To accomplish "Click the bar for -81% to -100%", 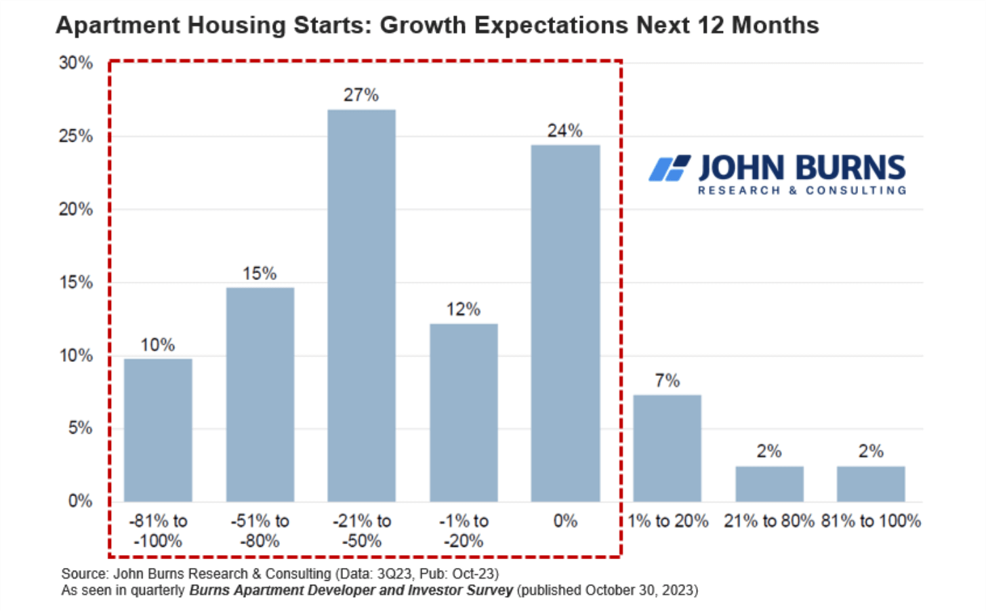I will coord(158,430).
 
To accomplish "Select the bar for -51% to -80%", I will coord(260,394).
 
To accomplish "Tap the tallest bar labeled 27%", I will coord(361,305).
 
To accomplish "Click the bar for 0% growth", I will coord(565,323).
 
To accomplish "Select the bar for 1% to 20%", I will coord(667,448).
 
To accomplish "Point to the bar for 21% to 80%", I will coord(769,483).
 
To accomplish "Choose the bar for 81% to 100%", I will coord(871,483).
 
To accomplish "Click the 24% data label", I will coord(564,131).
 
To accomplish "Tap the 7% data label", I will coord(667,381).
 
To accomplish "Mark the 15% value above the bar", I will coord(260,274).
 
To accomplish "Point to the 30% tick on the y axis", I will coord(75,63).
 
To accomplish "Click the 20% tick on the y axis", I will coord(75,209).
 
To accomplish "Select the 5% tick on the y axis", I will coord(80,428).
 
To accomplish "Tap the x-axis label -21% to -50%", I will coord(362,531).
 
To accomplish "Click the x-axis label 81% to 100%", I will coord(871,521).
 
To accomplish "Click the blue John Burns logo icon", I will coord(669,169).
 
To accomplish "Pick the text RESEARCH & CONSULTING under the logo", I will coord(802,190).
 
